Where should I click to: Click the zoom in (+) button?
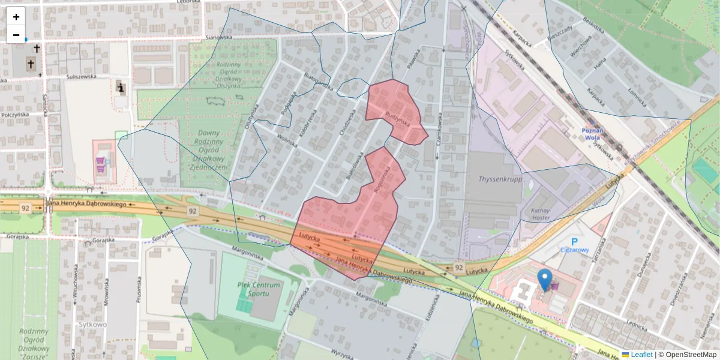coord(16,17)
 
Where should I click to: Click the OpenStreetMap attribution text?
coord(691,355)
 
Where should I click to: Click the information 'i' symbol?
coord(121,88)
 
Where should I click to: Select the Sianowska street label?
coord(218,37)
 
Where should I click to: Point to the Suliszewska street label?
coord(82,77)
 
